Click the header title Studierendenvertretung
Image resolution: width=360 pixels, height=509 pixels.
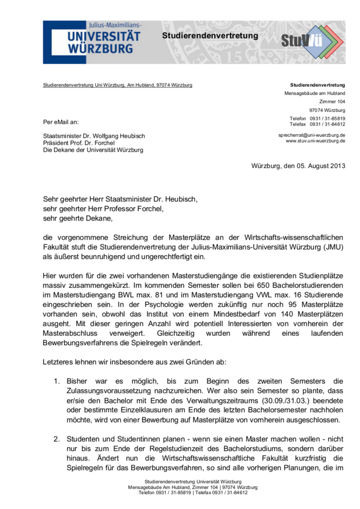pos(210,36)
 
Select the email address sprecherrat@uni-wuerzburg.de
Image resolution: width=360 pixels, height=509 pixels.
pos(312,135)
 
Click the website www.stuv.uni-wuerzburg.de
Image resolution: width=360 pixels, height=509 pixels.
pos(315,141)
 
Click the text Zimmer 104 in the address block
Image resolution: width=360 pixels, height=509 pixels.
pos(332,101)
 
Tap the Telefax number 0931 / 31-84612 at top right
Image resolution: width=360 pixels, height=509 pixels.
pos(327,124)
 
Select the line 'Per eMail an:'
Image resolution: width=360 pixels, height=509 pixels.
pos(61,122)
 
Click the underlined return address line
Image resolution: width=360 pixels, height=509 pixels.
pos(118,85)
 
